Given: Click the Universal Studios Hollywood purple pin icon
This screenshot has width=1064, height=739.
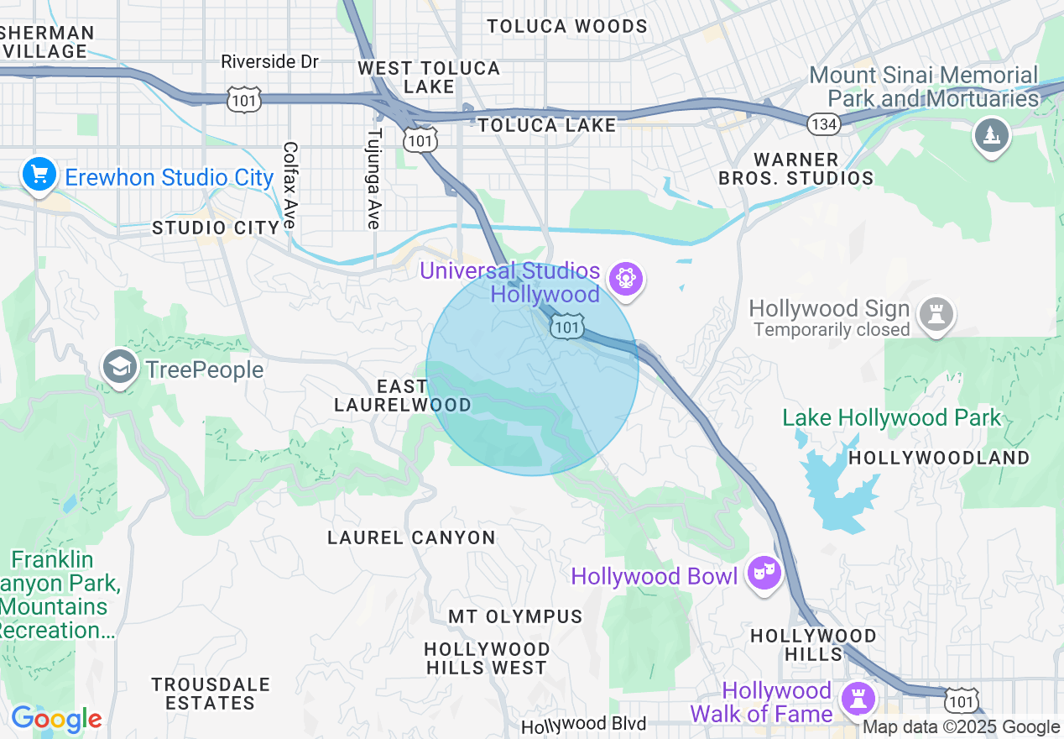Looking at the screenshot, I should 626,278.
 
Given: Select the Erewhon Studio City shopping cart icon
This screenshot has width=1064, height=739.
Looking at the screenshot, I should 39,176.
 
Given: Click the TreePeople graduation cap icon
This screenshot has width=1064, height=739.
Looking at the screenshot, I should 121,368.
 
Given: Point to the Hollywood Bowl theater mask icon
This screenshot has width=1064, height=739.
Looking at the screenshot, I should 763,574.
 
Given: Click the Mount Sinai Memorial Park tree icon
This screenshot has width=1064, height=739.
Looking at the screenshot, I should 991,135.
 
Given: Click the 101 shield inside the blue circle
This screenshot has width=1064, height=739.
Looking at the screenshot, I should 568,327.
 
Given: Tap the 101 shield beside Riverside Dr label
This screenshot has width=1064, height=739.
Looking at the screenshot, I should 243,100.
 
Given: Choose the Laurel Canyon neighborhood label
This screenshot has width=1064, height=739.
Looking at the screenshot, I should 411,537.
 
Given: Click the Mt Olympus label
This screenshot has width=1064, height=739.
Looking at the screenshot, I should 515,616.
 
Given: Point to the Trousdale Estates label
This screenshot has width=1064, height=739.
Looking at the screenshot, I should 211,694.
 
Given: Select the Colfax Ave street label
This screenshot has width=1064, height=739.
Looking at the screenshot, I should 290,185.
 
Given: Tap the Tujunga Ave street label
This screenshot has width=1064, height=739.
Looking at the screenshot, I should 374,178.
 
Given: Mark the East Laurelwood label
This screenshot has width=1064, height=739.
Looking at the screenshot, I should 402,396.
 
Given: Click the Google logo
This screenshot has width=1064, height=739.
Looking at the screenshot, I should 56,720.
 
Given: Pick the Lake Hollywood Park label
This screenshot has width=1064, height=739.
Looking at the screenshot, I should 891,417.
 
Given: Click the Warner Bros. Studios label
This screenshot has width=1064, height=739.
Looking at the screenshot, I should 795,169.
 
